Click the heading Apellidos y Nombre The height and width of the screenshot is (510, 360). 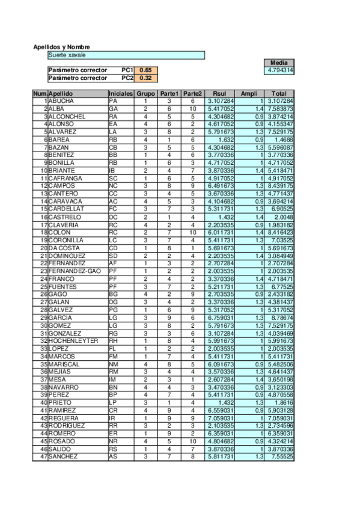coord(61,47)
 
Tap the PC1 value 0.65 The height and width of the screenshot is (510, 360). coord(146,70)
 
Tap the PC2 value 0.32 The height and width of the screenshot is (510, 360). coord(146,78)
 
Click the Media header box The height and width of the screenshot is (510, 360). coord(279,63)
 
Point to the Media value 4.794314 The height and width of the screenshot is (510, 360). coord(279,70)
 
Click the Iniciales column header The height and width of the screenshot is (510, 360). coord(121,94)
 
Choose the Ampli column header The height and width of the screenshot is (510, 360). coord(249,94)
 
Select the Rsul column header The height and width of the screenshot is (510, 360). coord(219,94)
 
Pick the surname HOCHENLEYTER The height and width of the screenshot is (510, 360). coord(73,340)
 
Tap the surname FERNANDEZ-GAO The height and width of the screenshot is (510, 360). coord(75,271)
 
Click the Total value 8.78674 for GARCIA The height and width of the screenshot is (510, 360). coord(279,318)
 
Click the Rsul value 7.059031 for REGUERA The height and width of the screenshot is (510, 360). coord(219,417)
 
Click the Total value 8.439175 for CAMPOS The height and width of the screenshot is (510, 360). coord(279,186)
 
